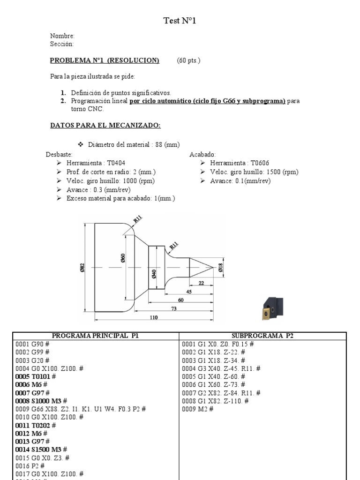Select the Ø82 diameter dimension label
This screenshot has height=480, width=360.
pyautogui.click(x=82, y=267)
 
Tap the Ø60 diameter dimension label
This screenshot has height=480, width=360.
pyautogui.click(x=123, y=258)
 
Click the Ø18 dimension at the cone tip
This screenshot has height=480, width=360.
pyautogui.click(x=221, y=268)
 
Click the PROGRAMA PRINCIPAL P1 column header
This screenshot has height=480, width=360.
pyautogui.click(x=95, y=336)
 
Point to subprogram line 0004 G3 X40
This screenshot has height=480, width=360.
pyautogui.click(x=221, y=368)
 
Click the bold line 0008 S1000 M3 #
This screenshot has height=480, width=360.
pyautogui.click(x=41, y=401)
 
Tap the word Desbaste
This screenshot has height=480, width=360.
pyautogui.click(x=59, y=154)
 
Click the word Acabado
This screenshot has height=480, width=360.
pyautogui.click(x=202, y=154)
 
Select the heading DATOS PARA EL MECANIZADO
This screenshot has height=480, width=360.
pyautogui.click(x=105, y=125)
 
